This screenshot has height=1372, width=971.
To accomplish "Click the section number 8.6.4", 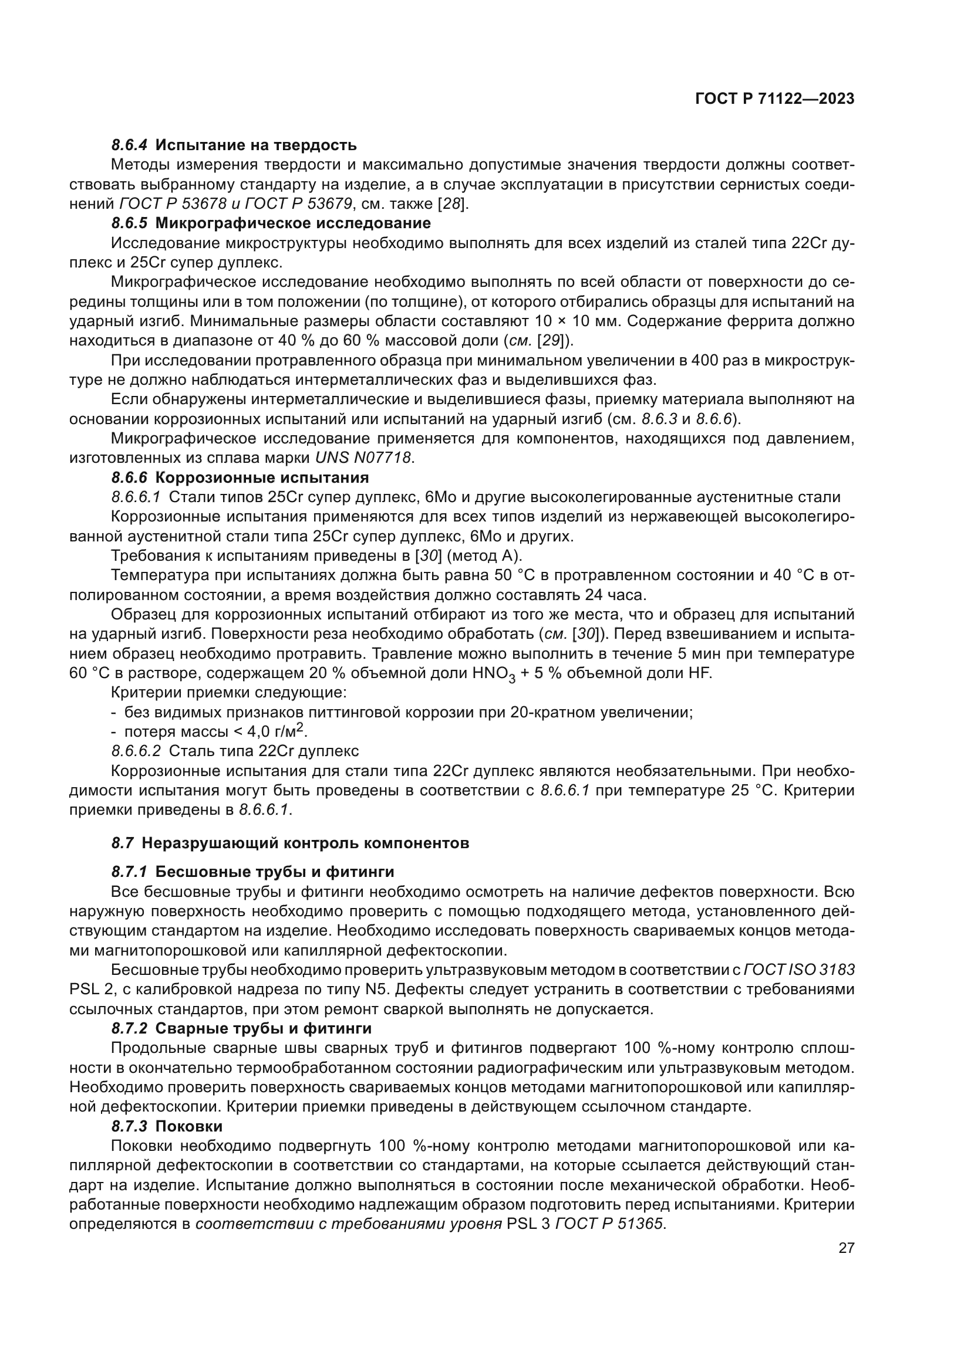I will [x=129, y=145].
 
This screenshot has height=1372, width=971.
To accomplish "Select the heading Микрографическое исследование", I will [x=293, y=223].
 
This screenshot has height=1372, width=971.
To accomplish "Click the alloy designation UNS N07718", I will [x=363, y=458].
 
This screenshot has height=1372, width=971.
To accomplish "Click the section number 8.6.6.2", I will [x=136, y=751].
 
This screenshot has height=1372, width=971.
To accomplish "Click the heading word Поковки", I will [x=189, y=1126].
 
